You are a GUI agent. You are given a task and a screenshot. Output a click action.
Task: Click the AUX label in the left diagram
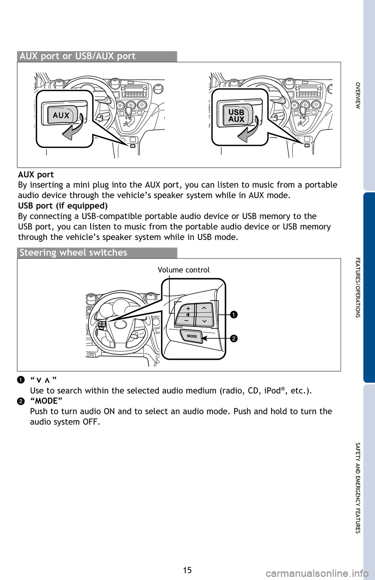click(61, 115)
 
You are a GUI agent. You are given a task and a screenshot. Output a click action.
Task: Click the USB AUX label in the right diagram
click(236, 116)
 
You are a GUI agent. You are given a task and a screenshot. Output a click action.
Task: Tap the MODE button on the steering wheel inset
click(192, 336)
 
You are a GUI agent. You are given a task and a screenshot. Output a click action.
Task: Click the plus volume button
click(188, 308)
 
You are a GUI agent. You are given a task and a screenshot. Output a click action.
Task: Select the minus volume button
click(186, 320)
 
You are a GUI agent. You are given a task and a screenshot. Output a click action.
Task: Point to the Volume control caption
click(184, 270)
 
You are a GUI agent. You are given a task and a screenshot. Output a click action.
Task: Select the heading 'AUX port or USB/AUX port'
click(77, 56)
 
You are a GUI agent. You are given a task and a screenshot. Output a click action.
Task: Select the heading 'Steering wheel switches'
click(73, 253)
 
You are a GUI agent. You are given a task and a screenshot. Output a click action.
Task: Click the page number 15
click(187, 570)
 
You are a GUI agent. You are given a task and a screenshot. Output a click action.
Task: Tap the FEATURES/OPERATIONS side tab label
click(358, 287)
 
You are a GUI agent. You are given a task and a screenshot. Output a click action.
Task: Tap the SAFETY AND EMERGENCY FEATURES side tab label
click(358, 488)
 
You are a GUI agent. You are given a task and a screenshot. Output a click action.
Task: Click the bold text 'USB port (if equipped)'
click(62, 206)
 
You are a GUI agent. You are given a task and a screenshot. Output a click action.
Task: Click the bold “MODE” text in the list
click(46, 401)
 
